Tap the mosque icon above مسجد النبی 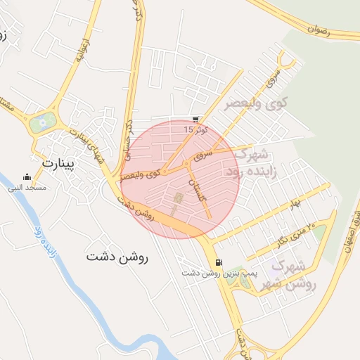27,177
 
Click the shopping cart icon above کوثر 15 195,120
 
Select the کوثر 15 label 192,130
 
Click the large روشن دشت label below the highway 117,257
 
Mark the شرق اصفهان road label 347,232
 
